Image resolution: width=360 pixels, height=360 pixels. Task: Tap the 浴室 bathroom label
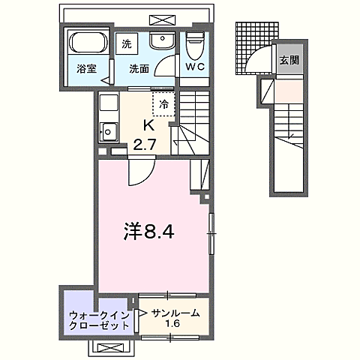86,70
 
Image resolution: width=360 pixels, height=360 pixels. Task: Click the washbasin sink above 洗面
160,42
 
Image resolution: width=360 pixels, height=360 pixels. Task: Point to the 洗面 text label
139,70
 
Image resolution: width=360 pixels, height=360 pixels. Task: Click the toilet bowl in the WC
195,46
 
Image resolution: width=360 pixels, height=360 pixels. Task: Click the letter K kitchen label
148,127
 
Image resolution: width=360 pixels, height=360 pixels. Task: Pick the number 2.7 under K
145,144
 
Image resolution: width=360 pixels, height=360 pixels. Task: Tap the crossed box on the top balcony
160,19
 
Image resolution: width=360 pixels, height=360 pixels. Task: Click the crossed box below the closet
112,347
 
